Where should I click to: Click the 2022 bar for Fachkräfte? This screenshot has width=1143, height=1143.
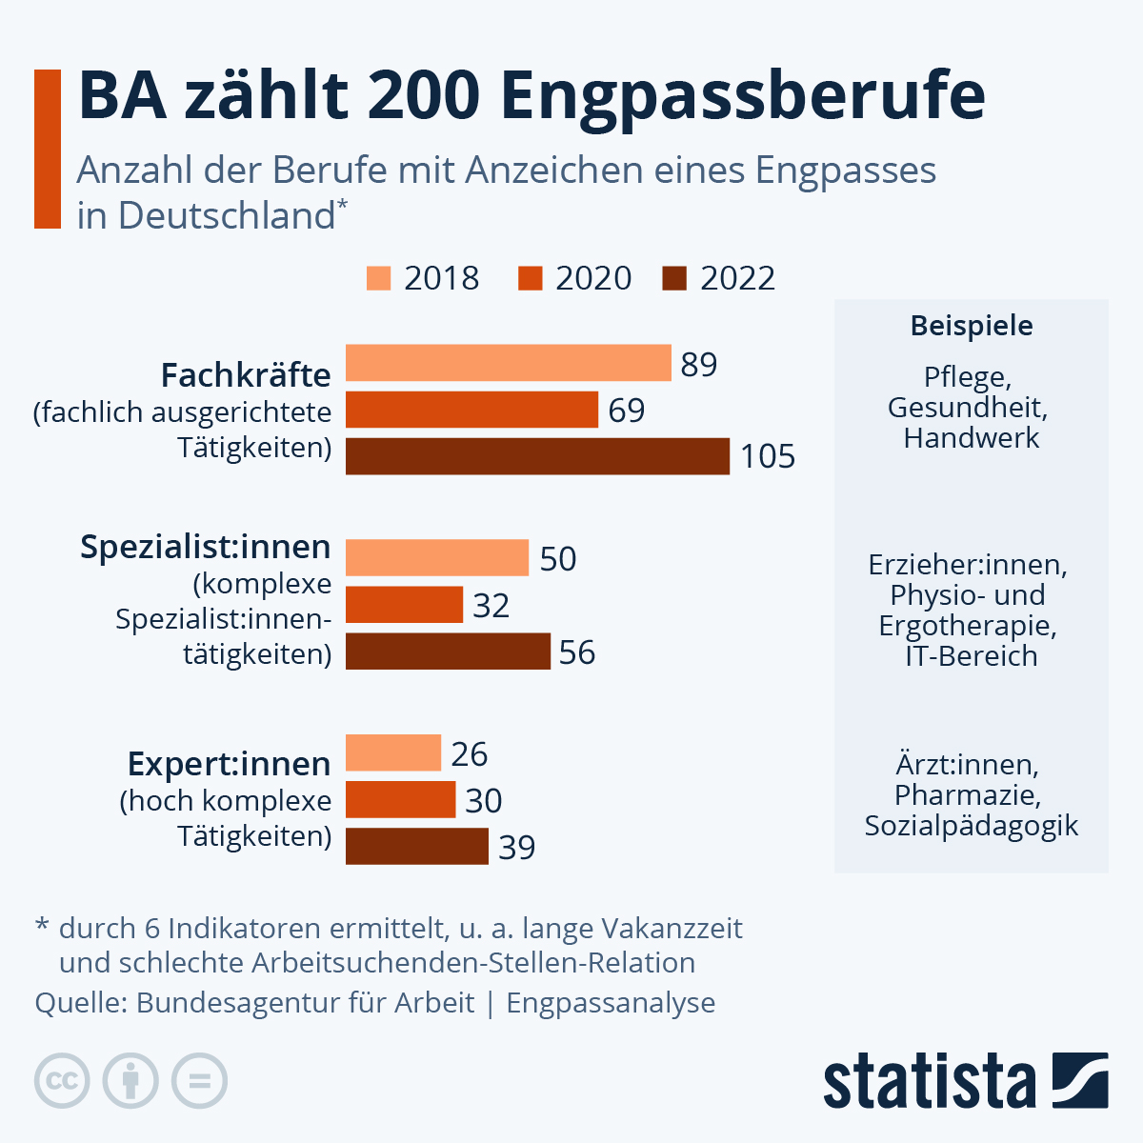537,456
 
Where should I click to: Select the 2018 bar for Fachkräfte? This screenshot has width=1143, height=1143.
509,363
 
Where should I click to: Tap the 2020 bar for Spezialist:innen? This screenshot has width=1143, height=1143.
404,605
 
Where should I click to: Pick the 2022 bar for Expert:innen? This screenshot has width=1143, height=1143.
416,846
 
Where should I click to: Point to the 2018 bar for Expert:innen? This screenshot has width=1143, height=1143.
392,752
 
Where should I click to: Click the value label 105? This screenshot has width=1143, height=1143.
768,457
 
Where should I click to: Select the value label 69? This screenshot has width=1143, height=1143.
627,411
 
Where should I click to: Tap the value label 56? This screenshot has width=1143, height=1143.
577,652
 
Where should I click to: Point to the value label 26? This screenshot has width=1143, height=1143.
470,754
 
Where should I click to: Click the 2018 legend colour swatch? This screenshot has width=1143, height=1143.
378,278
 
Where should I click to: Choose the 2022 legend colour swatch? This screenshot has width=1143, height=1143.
673,278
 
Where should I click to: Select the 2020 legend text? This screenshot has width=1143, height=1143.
593,278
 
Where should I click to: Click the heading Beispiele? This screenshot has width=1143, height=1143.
972,326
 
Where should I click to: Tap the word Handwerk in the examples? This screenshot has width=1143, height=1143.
972,438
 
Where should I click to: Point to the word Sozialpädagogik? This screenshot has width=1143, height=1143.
972,826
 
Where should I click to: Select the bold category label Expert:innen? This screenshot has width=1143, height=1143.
229,764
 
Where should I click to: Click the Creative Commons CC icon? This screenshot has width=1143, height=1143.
62,1080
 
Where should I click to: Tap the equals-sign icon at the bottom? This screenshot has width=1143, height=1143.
199,1080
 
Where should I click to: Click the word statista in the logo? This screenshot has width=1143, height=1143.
929,1081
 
